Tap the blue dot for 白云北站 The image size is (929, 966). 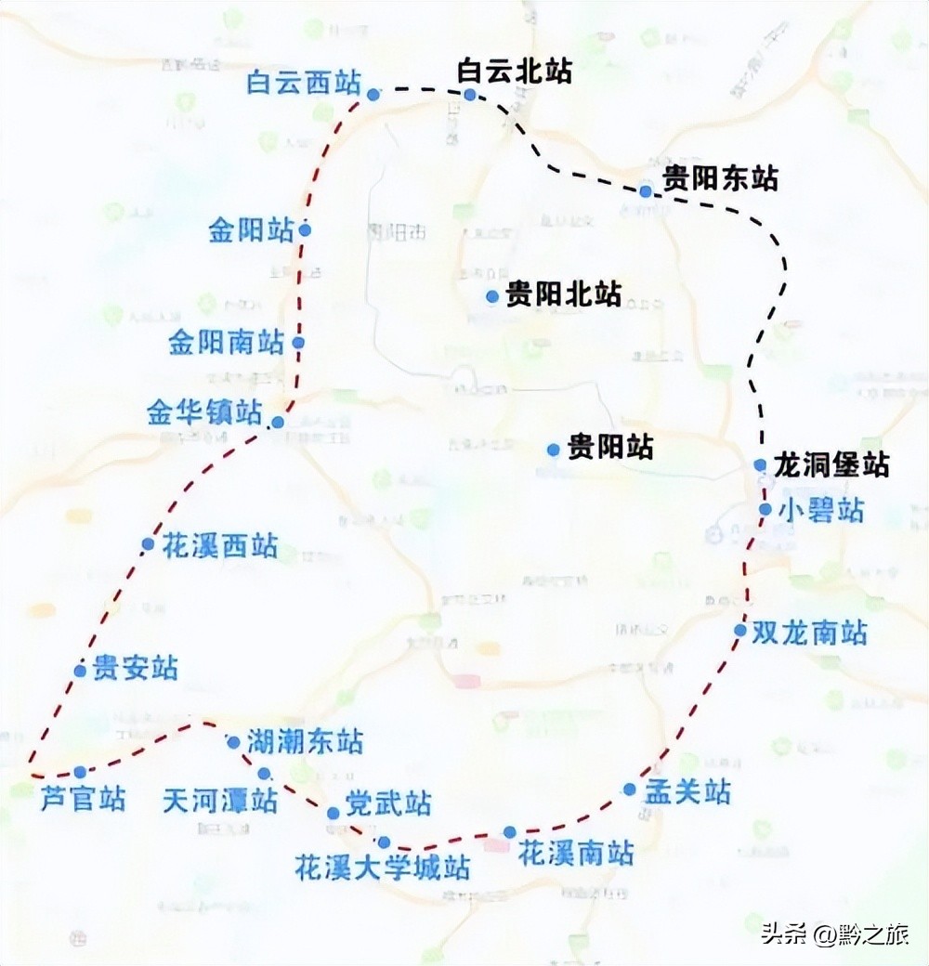(x=470, y=95)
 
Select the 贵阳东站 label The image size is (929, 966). (x=720, y=178)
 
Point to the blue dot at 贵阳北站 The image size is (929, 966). (x=493, y=296)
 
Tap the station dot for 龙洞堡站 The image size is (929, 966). (x=760, y=465)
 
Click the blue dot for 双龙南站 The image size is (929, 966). (x=740, y=630)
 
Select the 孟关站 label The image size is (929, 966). (x=688, y=792)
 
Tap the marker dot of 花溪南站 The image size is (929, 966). (x=510, y=831)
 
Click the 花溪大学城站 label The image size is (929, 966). (x=382, y=868)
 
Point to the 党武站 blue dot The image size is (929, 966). (x=334, y=814)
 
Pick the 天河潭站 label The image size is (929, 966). (x=220, y=801)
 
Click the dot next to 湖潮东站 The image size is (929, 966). (x=233, y=742)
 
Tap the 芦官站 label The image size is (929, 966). (x=84, y=799)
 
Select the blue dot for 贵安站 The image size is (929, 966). (x=81, y=671)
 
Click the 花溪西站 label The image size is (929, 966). (x=220, y=545)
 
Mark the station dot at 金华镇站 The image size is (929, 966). (x=277, y=424)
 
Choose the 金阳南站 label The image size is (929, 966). (x=226, y=343)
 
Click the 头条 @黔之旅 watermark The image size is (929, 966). (x=835, y=933)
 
